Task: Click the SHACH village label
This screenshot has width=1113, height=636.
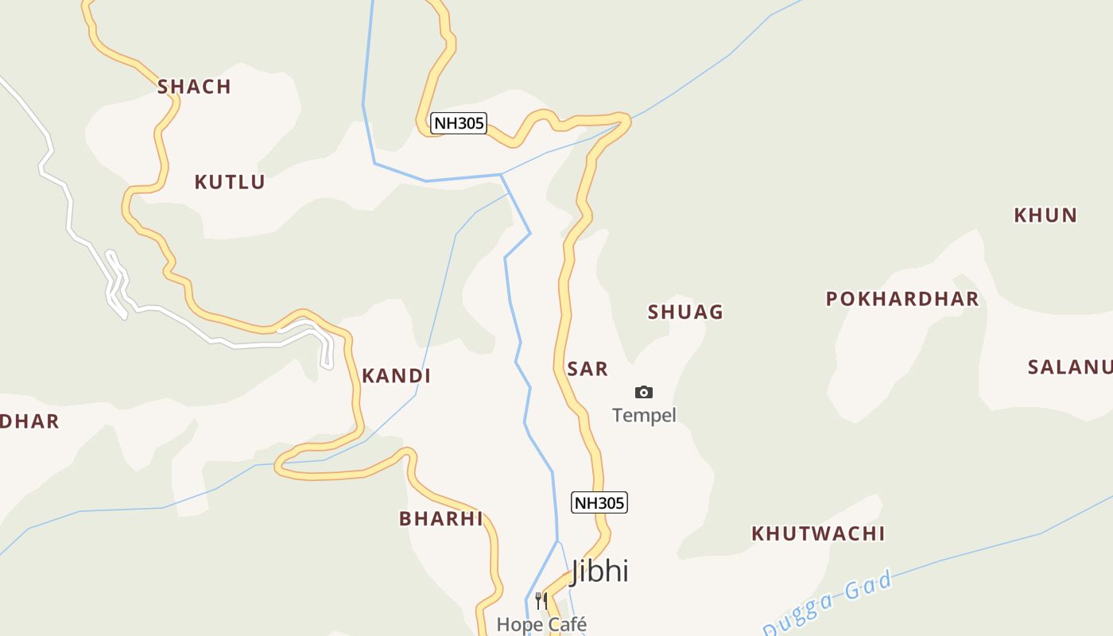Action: [x=194, y=87]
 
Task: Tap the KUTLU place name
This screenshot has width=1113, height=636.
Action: [x=230, y=182]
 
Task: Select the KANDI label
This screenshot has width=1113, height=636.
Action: [x=396, y=376]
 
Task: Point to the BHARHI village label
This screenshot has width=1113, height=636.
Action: [x=440, y=519]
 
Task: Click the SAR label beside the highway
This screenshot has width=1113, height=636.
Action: [x=588, y=369]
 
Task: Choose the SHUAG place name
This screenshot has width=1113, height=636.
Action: [x=685, y=312]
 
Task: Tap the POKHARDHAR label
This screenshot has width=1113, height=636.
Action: [x=902, y=299]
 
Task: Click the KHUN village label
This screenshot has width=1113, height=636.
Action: [x=1045, y=215]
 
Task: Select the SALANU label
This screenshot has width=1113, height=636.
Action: [x=1069, y=367]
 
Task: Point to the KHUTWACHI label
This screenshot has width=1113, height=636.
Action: [x=818, y=533]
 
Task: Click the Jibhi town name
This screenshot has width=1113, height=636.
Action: [x=599, y=571]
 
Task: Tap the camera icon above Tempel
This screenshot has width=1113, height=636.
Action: [x=644, y=392]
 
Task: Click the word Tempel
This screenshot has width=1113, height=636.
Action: [x=644, y=415]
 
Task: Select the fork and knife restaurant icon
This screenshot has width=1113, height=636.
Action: [x=541, y=600]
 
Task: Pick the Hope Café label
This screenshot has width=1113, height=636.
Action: [x=541, y=624]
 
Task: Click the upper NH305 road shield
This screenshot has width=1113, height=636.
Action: [x=459, y=123]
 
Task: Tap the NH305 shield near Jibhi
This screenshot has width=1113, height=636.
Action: [x=599, y=502]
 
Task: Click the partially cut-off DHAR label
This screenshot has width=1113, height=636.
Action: [x=29, y=421]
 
